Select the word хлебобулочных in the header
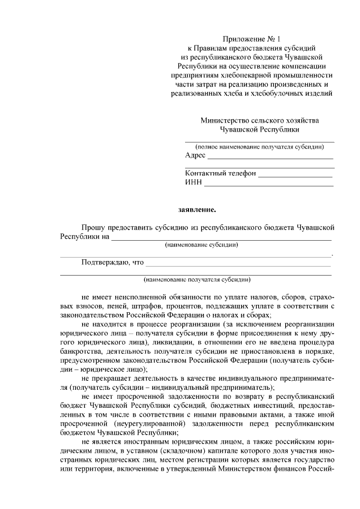pyautogui.click(x=283, y=93)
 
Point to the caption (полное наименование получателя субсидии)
pyautogui.click(x=259, y=147)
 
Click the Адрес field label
pyautogui.click(x=195, y=156)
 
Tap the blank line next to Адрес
pyautogui.click(x=270, y=158)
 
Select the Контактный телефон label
pyautogui.click(x=220, y=174)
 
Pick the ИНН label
pyautogui.click(x=193, y=183)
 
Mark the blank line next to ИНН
pyautogui.click(x=269, y=185)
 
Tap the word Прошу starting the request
pyautogui.click(x=93, y=228)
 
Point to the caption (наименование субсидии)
pyautogui.click(x=201, y=245)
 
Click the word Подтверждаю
pyautogui.click(x=105, y=262)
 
